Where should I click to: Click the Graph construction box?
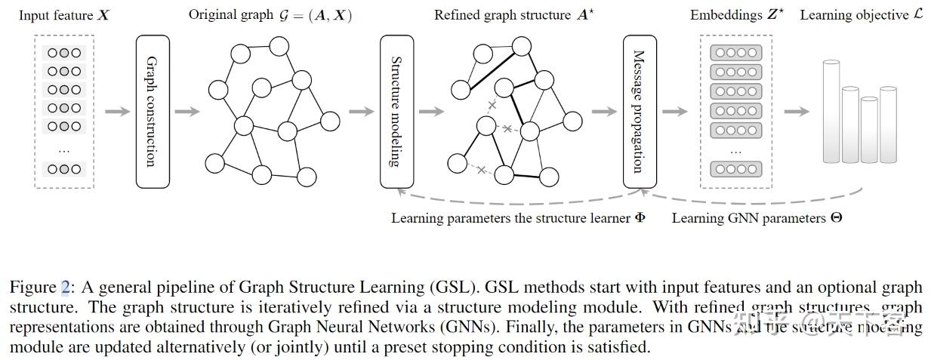coord(152,111)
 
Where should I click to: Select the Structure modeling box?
coord(396,111)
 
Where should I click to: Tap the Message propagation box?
coord(639,111)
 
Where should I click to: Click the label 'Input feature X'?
coord(63,15)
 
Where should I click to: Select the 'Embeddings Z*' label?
coord(736,15)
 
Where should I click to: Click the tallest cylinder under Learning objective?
coord(831,111)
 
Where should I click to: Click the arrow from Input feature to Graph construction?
coord(116,112)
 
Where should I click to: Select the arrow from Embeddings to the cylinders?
coord(796,112)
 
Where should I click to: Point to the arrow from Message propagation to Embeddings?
coord(674,112)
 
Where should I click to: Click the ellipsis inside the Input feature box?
coord(63,149)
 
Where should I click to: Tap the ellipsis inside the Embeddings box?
coord(736,151)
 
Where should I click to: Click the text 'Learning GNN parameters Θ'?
coord(757,218)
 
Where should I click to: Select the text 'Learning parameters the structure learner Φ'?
coord(518,218)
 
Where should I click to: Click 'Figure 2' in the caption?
coord(39,288)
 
